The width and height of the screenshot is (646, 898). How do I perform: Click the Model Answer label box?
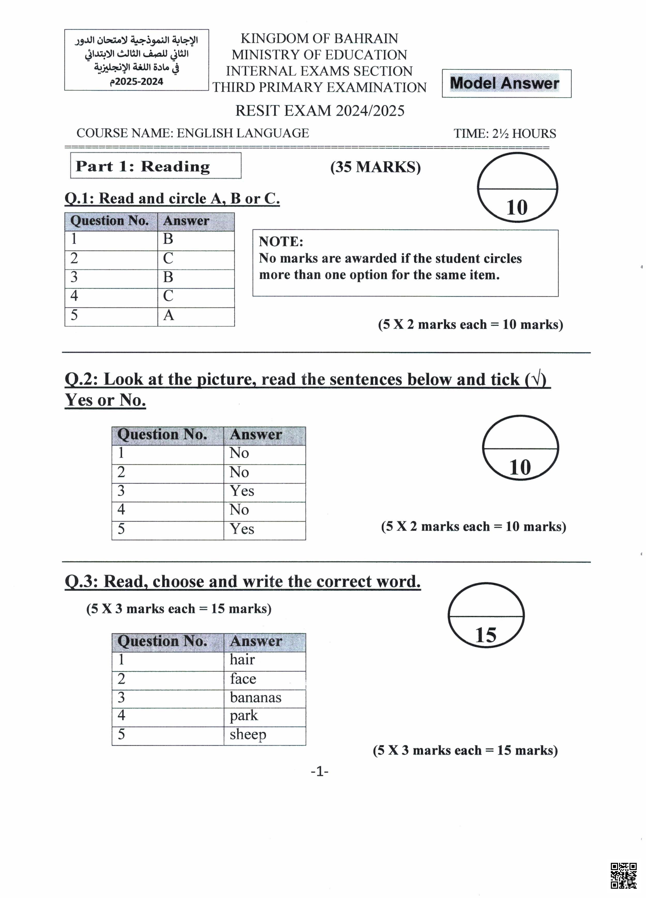[506, 83]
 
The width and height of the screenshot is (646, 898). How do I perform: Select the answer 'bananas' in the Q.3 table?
[255, 697]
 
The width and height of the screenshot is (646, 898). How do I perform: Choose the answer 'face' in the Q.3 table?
[243, 679]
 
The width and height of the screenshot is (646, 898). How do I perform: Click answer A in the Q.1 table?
[169, 315]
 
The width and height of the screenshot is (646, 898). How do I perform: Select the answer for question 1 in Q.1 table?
[168, 239]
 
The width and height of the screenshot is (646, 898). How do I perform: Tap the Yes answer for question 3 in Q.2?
[242, 491]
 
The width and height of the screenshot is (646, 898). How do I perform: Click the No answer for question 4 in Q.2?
[239, 509]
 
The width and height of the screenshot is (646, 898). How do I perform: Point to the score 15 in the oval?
[485, 635]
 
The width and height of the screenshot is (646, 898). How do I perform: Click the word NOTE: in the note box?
[281, 241]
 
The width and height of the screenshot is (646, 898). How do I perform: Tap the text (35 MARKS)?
[375, 167]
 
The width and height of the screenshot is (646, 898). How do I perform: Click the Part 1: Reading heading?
[143, 166]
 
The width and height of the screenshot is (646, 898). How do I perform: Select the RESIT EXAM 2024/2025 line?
[320, 111]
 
